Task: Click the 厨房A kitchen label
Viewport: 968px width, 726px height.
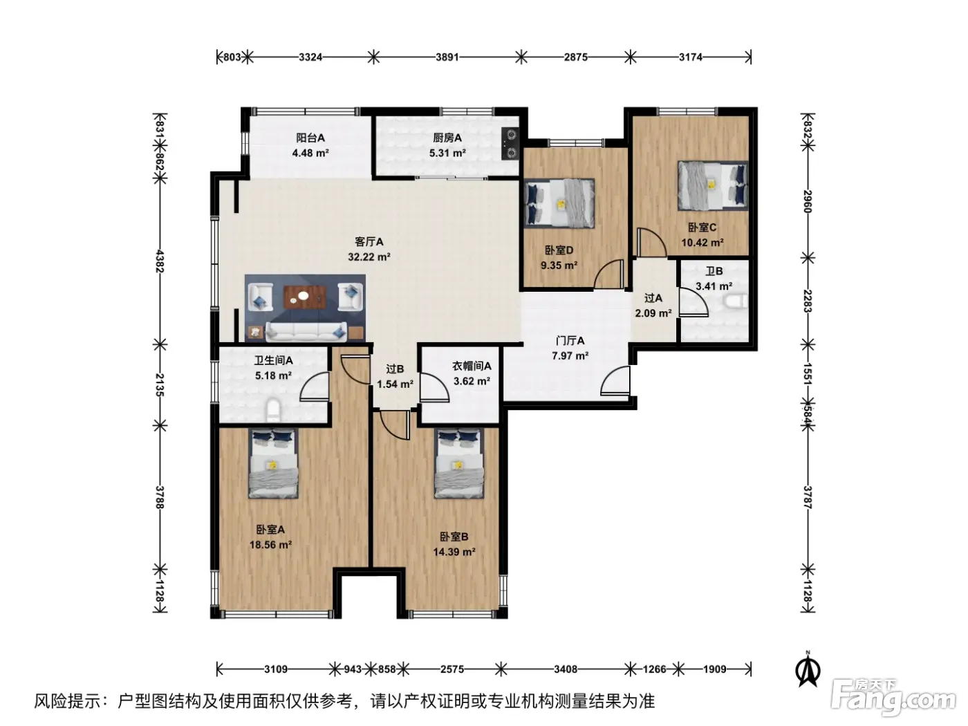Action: point(447,138)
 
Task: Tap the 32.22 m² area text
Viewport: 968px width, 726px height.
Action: point(369,257)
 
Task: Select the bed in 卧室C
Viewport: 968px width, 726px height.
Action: point(713,185)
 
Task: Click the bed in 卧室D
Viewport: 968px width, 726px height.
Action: point(559,203)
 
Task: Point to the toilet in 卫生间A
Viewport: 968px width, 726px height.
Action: point(272,408)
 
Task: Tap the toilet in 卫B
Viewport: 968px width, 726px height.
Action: point(736,301)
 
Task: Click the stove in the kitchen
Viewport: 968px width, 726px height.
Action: point(511,144)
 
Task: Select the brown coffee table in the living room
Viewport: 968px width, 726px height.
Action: point(305,297)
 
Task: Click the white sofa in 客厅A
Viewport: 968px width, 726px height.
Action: point(306,331)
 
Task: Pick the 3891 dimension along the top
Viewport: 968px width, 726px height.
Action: point(447,57)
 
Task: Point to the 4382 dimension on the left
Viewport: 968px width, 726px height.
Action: point(160,261)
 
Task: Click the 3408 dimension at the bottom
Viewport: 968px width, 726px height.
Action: point(566,669)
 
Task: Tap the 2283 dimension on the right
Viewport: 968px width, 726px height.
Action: point(807,301)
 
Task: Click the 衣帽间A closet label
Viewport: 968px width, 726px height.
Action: point(472,366)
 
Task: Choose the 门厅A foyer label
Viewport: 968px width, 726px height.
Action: point(570,341)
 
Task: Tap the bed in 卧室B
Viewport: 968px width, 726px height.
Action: point(458,463)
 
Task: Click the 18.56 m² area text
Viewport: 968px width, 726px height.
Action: point(270,544)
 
